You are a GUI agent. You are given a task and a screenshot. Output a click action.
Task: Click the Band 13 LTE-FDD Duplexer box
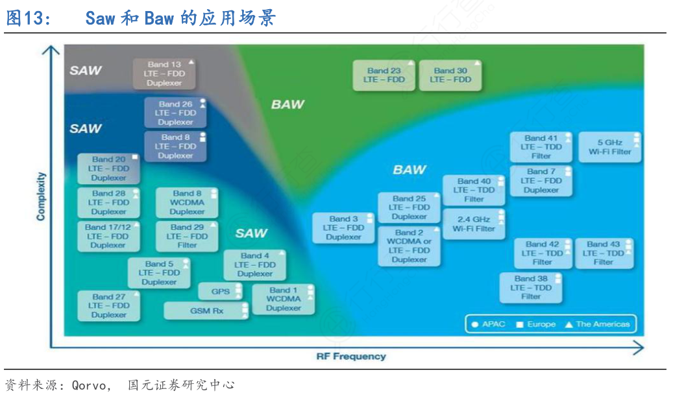point(165,74)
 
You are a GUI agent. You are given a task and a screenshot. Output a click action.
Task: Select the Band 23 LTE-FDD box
point(384,75)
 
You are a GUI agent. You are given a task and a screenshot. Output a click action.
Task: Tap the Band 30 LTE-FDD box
point(450,75)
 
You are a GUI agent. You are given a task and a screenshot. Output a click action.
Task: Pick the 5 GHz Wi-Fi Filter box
point(609,147)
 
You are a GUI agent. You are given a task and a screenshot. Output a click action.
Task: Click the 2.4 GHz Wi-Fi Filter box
point(474,224)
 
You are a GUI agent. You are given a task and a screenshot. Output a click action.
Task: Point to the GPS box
point(220,292)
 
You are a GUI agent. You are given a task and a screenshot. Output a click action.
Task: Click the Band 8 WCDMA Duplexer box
point(187,202)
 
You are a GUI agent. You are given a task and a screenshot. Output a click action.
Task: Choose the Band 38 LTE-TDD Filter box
point(530,287)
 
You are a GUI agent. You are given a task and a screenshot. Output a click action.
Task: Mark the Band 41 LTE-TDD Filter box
point(541,147)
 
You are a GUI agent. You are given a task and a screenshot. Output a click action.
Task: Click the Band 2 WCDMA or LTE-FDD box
point(409,246)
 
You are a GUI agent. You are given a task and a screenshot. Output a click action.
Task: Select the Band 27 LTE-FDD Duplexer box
point(108,305)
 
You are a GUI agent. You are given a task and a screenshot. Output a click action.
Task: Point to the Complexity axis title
point(41,196)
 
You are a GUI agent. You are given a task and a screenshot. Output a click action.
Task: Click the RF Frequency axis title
point(350,357)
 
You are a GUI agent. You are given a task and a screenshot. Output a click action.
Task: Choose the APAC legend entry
point(489,324)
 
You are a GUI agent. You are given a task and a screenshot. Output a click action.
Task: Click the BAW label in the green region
point(288,104)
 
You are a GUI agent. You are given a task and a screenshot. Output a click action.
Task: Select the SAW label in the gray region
point(86,71)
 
